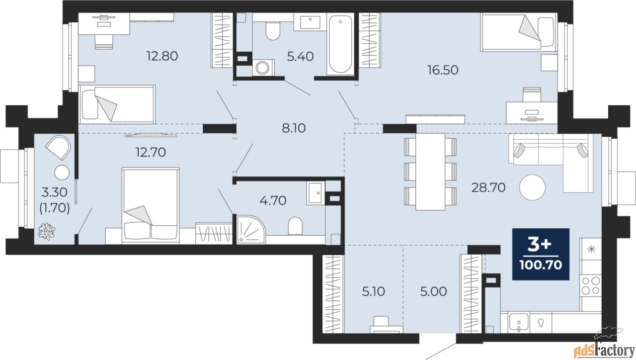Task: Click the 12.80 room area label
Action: point(162,56)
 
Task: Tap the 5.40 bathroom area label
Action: point(300,57)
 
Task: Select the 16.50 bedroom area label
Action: point(443,70)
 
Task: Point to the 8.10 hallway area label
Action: point(294,128)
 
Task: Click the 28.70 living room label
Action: point(488,187)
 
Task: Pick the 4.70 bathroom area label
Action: point(273,200)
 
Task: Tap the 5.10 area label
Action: point(373,291)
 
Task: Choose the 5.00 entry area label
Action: point(433,291)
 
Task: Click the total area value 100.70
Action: point(541,266)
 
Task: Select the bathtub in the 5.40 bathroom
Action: point(340,44)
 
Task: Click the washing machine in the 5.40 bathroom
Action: point(263,68)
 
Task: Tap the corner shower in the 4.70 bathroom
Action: point(251,230)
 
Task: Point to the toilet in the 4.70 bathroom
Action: point(295,226)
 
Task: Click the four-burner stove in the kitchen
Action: point(591,285)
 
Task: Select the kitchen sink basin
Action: point(519,323)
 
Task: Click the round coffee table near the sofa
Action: point(532,187)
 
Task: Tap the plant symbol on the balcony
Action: point(46,231)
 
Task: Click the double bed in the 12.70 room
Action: point(151,205)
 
